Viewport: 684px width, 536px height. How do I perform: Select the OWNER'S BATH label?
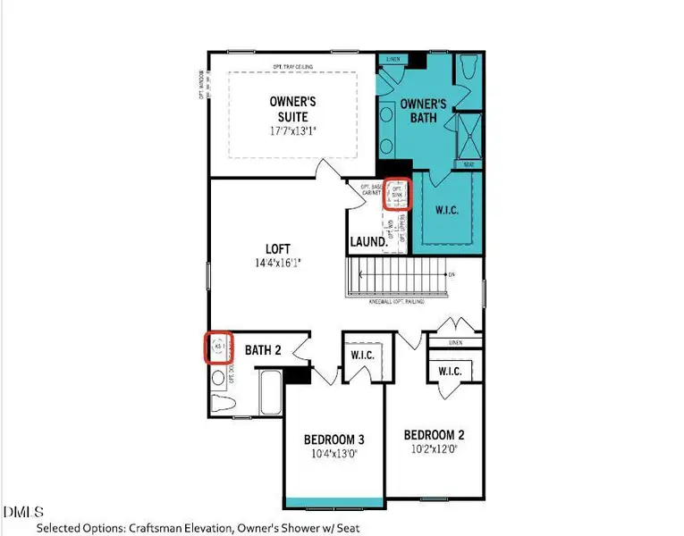point(422,111)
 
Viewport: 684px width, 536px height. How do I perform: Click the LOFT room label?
point(278,248)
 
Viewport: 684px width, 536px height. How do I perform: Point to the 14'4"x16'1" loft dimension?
point(278,264)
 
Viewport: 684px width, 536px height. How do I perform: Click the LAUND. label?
point(368,241)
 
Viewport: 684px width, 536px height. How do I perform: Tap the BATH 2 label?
point(263,351)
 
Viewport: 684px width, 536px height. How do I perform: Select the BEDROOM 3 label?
point(334,440)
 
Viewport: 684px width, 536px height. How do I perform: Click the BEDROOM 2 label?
point(434,434)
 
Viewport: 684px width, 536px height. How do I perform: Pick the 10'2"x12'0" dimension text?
point(434,449)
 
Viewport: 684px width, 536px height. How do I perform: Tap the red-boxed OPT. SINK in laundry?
point(397,194)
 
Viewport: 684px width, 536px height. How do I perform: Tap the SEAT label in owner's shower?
point(469,164)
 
